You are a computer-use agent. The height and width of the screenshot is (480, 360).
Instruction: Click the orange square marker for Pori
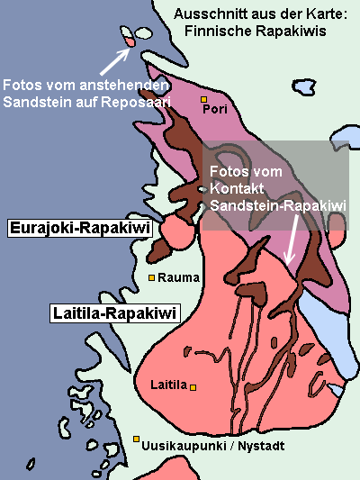[x=204, y=99]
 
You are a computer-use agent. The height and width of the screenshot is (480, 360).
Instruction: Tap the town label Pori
[x=214, y=110]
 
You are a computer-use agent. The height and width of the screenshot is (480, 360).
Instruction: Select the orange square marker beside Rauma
[x=151, y=277]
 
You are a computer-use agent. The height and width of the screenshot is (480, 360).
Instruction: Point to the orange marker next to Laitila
[x=193, y=386]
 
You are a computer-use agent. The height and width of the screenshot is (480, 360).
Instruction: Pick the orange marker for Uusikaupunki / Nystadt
[x=136, y=439]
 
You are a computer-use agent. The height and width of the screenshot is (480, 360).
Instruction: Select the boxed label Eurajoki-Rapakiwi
[x=78, y=229]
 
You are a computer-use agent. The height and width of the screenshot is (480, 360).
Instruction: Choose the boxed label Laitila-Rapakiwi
[x=112, y=313]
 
